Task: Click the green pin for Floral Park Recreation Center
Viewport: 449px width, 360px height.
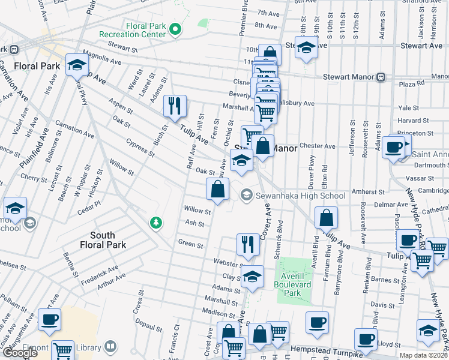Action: click(175, 28)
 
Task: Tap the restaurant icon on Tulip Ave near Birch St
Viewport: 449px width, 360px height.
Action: click(175, 106)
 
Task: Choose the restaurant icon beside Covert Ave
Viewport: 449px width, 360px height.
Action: click(248, 244)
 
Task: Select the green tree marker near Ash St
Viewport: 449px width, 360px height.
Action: click(156, 223)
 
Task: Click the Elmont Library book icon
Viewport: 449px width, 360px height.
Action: click(110, 346)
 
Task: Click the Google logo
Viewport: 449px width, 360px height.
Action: click(20, 353)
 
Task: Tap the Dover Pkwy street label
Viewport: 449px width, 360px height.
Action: click(312, 166)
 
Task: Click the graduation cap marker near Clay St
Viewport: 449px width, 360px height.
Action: click(253, 276)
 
